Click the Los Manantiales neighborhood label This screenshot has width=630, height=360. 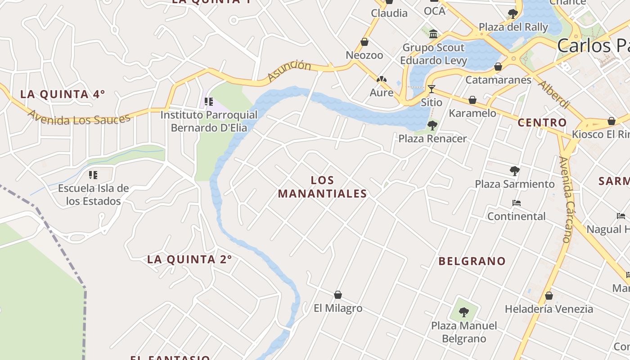322,187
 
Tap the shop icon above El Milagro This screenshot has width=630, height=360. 338,295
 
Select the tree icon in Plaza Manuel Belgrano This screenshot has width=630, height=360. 464,311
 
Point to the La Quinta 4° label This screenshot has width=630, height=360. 63,94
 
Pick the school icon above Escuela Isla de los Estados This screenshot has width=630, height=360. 93,175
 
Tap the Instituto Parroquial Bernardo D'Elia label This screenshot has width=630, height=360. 209,121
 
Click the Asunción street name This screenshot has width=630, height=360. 289,71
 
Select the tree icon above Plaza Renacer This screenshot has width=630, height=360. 432,125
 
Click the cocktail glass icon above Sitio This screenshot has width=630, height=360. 432,89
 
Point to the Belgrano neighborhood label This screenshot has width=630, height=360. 472,261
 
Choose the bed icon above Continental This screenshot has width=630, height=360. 517,203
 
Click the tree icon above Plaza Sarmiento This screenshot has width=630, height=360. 515,171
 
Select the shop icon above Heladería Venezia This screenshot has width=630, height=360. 549,296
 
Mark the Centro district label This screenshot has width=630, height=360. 542,122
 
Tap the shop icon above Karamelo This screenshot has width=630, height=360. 472,100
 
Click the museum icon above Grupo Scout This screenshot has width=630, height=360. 433,34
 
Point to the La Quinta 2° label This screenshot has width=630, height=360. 189,259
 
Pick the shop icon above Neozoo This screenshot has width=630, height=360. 364,42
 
